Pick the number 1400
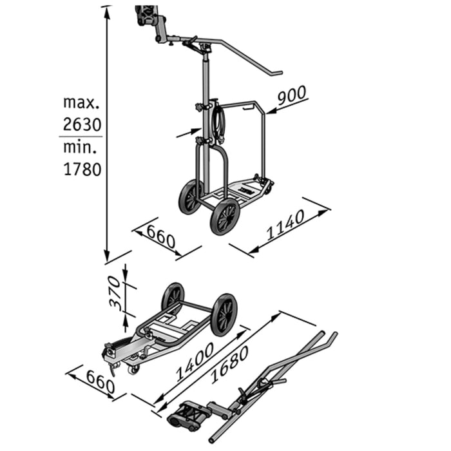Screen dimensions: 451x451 point(193,363)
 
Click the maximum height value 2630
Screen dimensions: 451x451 point(82,124)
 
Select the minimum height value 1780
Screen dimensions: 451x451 point(82,169)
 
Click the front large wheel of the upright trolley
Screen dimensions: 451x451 point(225,216)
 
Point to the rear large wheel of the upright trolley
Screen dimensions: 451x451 point(190,197)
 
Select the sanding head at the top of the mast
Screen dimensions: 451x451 point(146,14)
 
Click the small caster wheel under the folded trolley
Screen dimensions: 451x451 point(133,369)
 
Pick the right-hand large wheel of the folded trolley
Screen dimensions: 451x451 point(224,314)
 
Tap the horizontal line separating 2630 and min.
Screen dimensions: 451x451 point(81,136)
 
